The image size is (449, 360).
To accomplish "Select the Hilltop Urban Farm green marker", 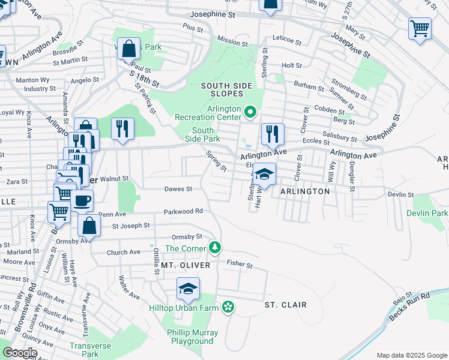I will [228, 307].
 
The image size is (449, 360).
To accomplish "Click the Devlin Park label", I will [427, 213].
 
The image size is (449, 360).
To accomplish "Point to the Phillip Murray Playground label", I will [192, 337].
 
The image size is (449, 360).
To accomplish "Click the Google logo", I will [20, 352].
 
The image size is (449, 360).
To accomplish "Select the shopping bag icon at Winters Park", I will [129, 49].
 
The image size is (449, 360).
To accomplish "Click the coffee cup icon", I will [82, 200].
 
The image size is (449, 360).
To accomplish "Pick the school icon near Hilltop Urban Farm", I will [188, 289].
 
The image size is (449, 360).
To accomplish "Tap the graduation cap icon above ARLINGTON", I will [264, 175].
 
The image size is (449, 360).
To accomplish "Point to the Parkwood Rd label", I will [184, 211].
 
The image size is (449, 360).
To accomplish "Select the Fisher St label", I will [240, 263].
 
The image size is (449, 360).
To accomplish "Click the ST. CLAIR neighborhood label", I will [286, 305].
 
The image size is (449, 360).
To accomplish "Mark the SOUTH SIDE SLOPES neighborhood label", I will [226, 89].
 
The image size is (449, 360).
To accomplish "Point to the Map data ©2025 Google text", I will [411, 355].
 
